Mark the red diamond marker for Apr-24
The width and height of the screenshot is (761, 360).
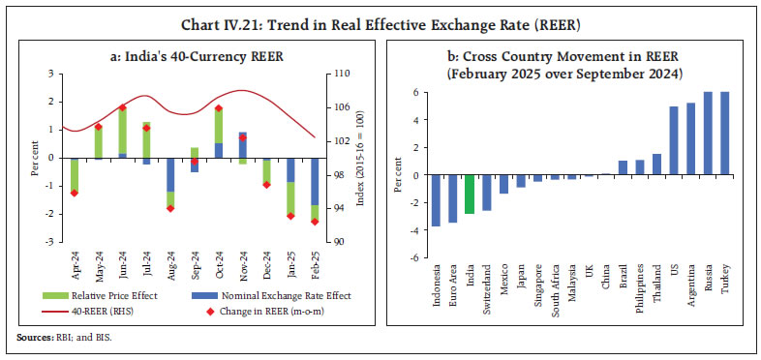tap(74, 193)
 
